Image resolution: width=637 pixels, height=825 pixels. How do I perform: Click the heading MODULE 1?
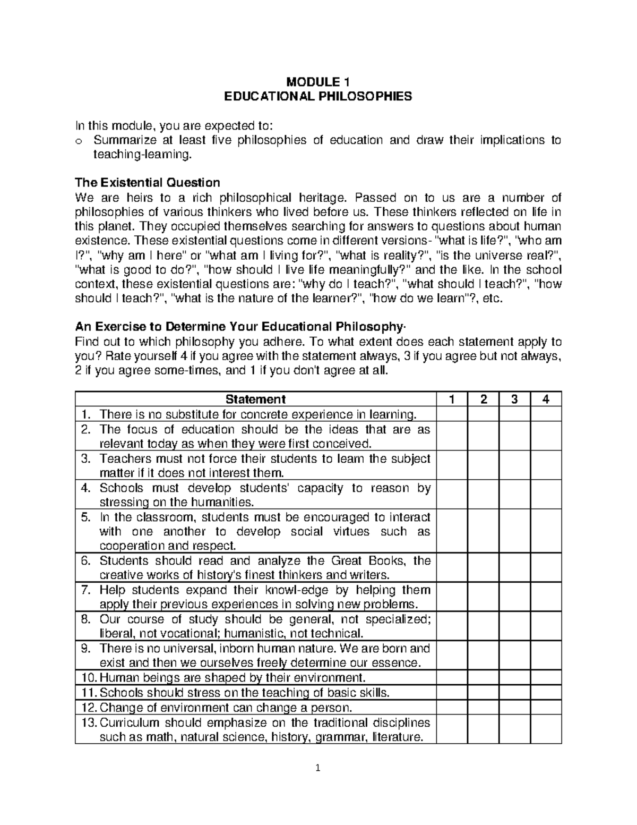318,82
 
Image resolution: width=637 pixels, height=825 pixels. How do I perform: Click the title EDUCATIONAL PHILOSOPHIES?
318,96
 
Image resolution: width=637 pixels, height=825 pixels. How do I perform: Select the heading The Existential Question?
148,183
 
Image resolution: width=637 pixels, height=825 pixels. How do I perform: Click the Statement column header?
255,399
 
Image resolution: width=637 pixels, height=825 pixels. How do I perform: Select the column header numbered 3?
514,399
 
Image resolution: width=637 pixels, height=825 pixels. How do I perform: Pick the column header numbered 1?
451,399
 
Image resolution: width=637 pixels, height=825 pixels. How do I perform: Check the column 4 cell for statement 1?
546,414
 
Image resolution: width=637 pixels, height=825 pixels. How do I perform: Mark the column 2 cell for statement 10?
483,677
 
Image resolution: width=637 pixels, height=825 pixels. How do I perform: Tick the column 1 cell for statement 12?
451,707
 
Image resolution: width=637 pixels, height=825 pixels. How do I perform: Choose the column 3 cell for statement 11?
514,692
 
